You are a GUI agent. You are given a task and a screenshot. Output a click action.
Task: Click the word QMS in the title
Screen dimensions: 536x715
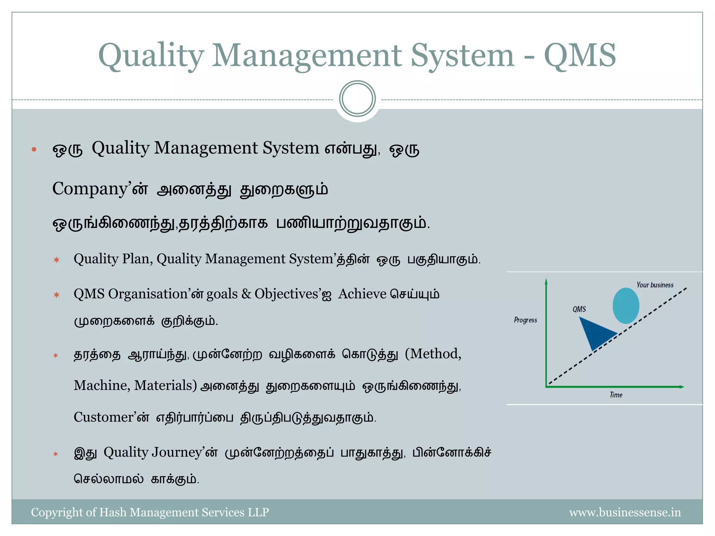pos(580,56)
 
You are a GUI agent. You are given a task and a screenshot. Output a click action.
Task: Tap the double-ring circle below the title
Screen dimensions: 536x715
pos(357,99)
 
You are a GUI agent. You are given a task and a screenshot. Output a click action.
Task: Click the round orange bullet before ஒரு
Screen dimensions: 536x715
pos(34,150)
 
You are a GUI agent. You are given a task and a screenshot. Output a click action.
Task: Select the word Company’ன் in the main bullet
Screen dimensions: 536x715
pos(100,189)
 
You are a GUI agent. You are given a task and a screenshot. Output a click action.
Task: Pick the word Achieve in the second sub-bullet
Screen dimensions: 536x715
pos(362,294)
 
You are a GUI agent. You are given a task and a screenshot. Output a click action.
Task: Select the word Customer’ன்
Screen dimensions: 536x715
pos(111,417)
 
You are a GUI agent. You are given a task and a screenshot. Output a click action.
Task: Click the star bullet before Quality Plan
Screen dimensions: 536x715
pos(57,260)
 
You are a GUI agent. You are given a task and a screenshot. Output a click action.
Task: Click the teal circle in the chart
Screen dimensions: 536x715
pos(626,306)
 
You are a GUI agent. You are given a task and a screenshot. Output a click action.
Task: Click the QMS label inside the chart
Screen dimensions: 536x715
pos(579,309)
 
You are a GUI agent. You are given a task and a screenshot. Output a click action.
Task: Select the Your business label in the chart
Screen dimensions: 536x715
pos(655,285)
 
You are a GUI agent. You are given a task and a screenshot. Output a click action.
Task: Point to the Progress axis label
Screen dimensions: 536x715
pos(525,320)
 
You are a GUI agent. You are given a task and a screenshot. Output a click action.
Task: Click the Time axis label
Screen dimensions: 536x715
pos(616,395)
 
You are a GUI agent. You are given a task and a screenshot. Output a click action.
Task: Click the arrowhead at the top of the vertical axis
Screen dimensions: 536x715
pos(546,281)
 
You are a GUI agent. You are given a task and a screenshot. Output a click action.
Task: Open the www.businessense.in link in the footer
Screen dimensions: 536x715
pos(625,512)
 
